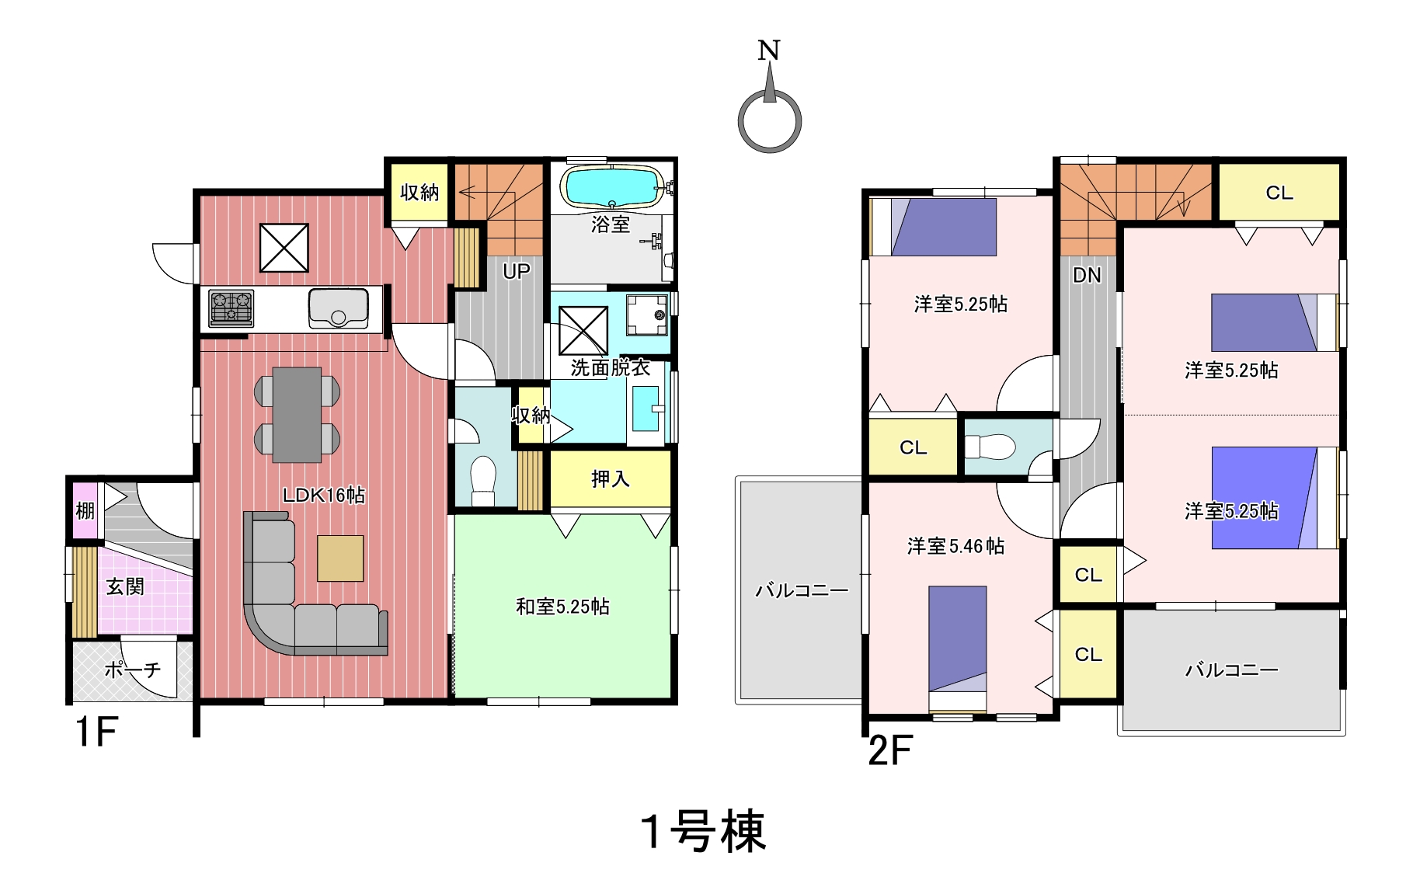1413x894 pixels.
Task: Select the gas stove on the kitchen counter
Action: pyautogui.click(x=231, y=308)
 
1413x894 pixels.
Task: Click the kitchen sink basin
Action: pyautogui.click(x=338, y=308)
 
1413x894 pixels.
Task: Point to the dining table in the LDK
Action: pyautogui.click(x=297, y=415)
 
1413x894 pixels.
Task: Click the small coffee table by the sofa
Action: pyautogui.click(x=340, y=558)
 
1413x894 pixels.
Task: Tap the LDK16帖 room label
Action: pyautogui.click(x=323, y=495)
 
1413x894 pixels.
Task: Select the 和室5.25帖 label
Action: pyautogui.click(x=562, y=607)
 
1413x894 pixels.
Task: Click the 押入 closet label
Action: pyautogui.click(x=611, y=479)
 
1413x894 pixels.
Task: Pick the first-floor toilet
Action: pyautogui.click(x=483, y=481)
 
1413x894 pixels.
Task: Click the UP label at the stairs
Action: pyautogui.click(x=516, y=271)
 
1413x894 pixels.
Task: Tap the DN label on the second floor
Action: pyautogui.click(x=1087, y=275)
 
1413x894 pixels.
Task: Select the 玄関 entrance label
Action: pyautogui.click(x=125, y=586)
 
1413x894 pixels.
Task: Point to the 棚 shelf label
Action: pyautogui.click(x=85, y=510)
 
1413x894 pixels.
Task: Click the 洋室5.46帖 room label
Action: pyautogui.click(x=955, y=546)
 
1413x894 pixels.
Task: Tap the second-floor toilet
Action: pyautogui.click(x=990, y=447)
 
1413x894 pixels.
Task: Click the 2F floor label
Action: pyautogui.click(x=889, y=750)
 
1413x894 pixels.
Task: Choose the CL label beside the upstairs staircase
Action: pyautogui.click(x=1279, y=193)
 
